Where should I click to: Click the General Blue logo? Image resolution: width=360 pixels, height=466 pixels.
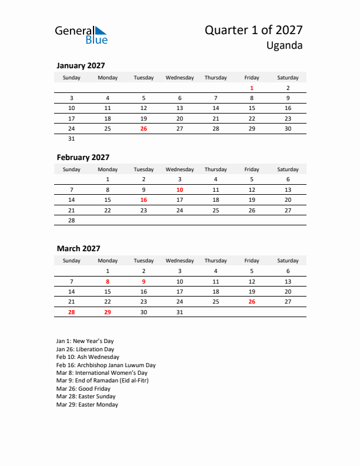tap(81, 35)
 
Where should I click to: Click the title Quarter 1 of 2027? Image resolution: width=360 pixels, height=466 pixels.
tap(254, 31)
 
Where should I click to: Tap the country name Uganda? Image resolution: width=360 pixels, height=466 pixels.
tap(284, 46)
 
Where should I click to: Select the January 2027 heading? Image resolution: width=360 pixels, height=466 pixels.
tap(81, 66)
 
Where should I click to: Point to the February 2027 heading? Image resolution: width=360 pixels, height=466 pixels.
tap(83, 157)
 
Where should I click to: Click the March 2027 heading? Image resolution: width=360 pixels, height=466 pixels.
tap(78, 248)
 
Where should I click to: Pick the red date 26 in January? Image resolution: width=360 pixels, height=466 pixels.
tap(144, 128)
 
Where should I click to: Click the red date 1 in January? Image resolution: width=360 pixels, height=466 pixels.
tap(252, 88)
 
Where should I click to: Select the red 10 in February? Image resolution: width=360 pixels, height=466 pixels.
tap(179, 189)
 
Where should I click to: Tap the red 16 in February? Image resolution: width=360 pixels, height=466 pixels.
tap(144, 199)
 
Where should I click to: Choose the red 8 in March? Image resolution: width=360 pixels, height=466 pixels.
tap(108, 281)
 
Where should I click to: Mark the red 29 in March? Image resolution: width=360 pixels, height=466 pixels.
tap(108, 312)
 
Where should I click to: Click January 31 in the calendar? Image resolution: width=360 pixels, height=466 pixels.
tap(72, 139)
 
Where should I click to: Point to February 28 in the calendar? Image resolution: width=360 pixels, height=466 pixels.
tap(72, 220)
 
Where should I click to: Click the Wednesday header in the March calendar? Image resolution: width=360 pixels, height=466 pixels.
tap(179, 261)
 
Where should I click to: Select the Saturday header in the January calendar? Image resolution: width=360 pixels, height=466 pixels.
tap(288, 78)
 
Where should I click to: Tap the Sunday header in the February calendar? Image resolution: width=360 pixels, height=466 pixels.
tap(72, 169)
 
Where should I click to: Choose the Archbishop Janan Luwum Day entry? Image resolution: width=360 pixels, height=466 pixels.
tap(106, 365)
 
